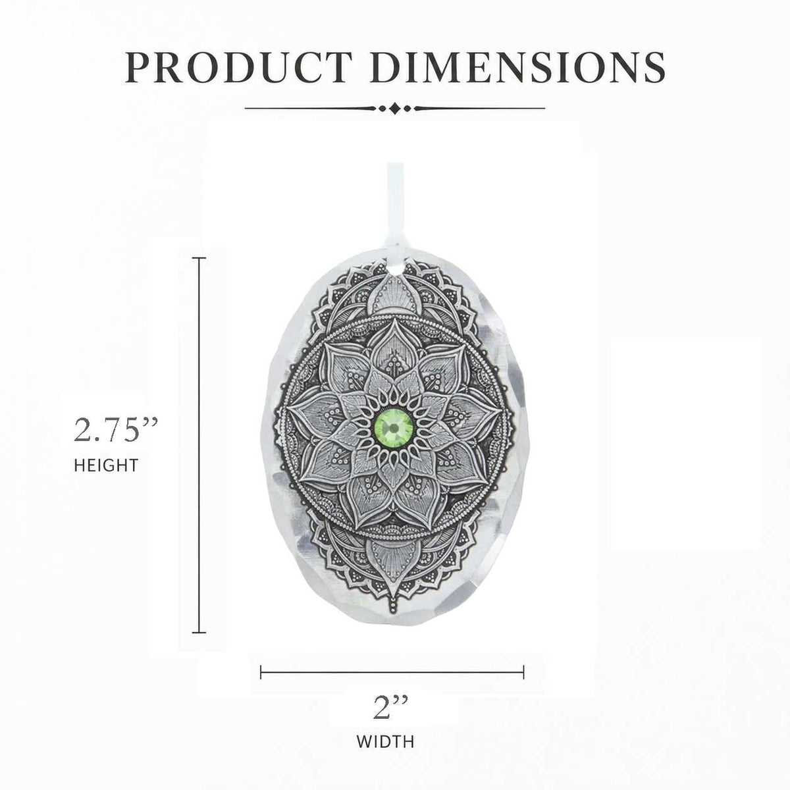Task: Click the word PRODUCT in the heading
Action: pyautogui.click(x=238, y=67)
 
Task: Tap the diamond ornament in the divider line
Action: pyautogui.click(x=395, y=109)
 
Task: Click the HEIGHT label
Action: pyautogui.click(x=106, y=465)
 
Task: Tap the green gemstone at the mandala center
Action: pyautogui.click(x=394, y=429)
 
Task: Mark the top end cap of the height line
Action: pyautogui.click(x=199, y=258)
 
